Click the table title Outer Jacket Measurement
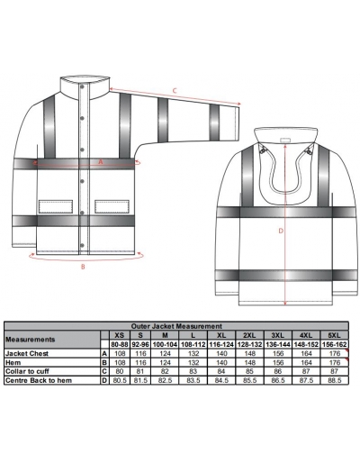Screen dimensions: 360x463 [176, 326]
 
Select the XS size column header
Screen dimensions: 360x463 [120, 335]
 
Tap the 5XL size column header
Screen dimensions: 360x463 [335, 335]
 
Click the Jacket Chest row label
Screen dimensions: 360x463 [27, 353]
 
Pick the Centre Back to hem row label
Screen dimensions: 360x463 [39, 380]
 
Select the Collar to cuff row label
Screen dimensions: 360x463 [27, 371]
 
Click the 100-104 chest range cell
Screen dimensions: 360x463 [165, 344]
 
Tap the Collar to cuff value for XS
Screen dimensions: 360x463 [120, 371]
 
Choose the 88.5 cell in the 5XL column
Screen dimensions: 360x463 [335, 380]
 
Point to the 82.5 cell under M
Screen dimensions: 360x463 [165, 380]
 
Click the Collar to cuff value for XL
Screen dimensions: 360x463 [221, 371]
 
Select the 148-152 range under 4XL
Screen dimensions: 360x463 [306, 344]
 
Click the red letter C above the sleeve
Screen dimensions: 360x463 [175, 90]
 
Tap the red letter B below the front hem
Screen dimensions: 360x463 [84, 267]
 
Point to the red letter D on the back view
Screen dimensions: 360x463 [281, 231]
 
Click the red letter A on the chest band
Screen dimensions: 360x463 [101, 162]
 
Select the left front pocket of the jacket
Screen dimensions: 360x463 [56, 206]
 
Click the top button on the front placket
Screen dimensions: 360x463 [82, 87]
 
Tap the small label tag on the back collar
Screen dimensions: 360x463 [285, 140]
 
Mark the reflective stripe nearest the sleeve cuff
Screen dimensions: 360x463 [214, 123]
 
